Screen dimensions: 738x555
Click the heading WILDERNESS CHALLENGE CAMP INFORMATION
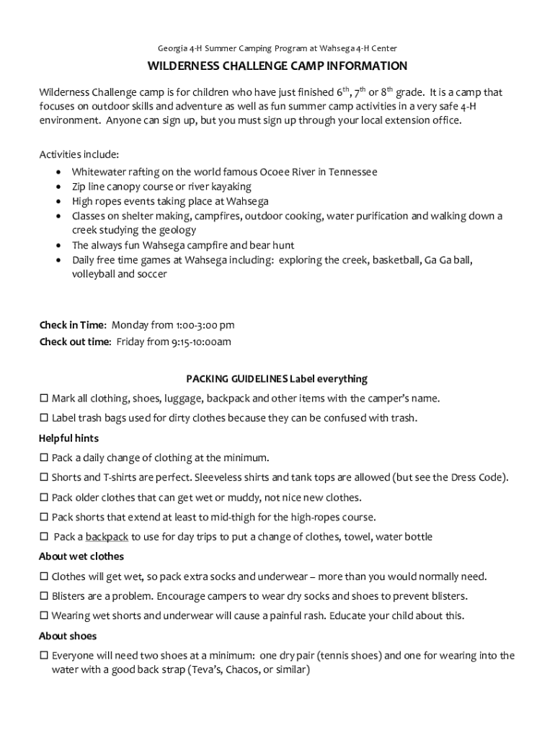[277, 66]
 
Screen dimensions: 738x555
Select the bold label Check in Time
[72, 325]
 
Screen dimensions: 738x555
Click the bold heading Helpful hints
[68, 438]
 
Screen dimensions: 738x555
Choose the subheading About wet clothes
[81, 556]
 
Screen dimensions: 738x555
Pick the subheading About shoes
[67, 636]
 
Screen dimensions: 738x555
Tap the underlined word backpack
[107, 537]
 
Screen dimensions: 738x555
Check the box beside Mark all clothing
[44, 399]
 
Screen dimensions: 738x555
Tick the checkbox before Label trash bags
[44, 418]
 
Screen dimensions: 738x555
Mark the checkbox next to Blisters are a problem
[44, 596]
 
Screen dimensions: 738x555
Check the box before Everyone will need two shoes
[44, 656]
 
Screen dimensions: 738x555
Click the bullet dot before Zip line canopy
[58, 187]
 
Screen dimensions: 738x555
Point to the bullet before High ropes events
[58, 202]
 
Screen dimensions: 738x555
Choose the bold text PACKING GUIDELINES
[236, 378]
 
